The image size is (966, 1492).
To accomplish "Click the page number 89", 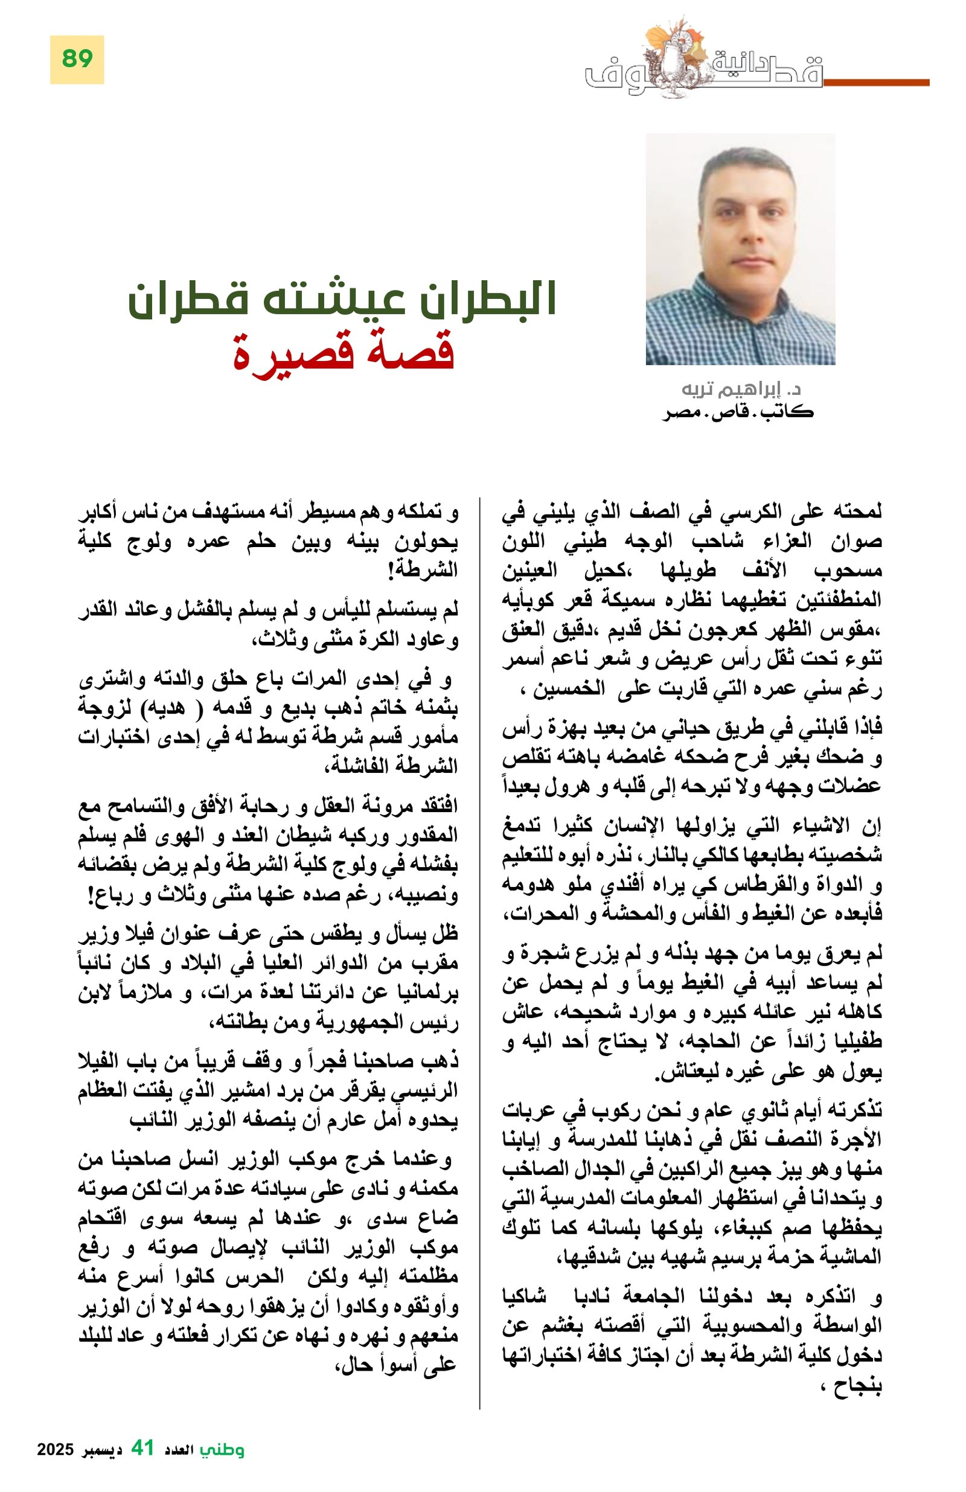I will coord(77,60).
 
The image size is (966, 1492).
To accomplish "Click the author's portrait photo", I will coord(740,249).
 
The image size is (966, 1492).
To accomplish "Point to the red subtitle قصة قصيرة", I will coord(344,352).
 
